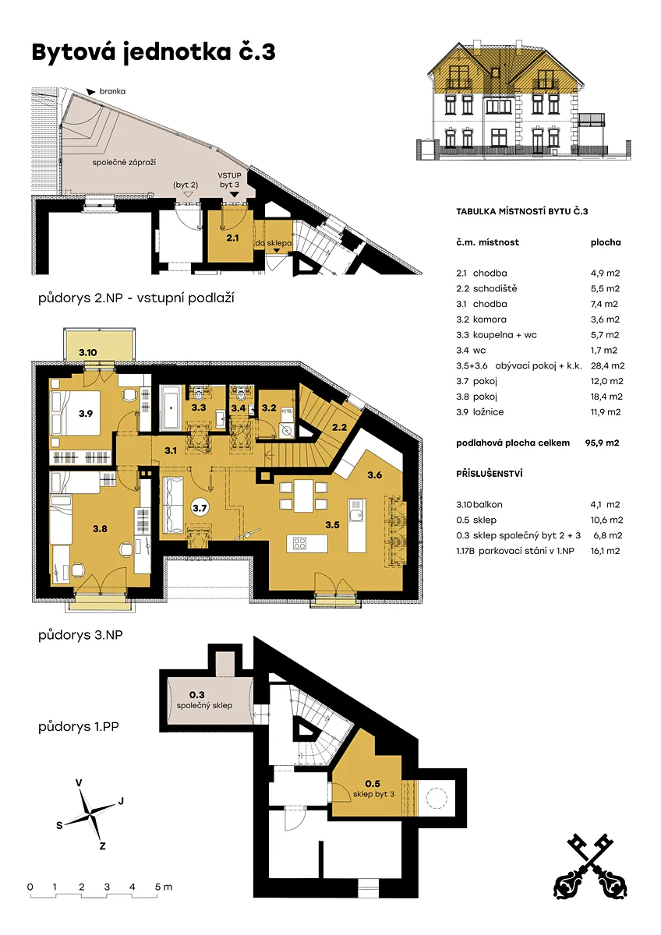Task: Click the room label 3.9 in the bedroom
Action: tap(86, 413)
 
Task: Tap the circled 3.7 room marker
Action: tap(200, 508)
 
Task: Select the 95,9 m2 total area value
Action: tap(602, 443)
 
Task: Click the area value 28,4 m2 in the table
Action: tap(607, 365)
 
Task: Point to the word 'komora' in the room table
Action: tap(490, 319)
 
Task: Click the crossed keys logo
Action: tap(590, 866)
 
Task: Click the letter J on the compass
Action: tap(121, 801)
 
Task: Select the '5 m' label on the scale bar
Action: tap(163, 887)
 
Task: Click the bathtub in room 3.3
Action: tap(170, 408)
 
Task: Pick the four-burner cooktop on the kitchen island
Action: tap(299, 543)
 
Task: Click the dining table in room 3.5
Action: tap(303, 495)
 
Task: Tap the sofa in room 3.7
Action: tap(172, 505)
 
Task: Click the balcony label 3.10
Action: tap(87, 352)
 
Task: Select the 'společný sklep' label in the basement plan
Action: tap(204, 705)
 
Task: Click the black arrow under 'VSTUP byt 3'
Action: tap(235, 195)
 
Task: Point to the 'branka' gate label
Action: tap(112, 91)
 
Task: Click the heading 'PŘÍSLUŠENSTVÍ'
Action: tap(490, 474)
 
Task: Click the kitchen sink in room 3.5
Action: tap(356, 516)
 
